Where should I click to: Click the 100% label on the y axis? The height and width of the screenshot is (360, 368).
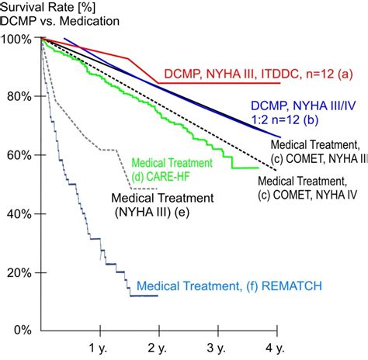point(16,40)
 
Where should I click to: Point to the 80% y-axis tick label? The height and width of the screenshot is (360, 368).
point(19,97)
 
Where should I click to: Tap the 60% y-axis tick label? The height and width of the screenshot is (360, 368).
point(19,155)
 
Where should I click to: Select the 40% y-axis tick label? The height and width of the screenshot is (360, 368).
point(19,214)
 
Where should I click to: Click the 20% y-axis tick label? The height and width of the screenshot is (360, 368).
point(19,273)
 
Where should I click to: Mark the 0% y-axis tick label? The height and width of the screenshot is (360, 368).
point(23,331)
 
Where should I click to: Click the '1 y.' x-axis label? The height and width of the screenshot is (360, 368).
point(98,348)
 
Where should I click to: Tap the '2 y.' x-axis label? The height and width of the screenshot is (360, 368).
point(157,348)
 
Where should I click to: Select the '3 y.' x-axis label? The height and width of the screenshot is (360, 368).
point(216,348)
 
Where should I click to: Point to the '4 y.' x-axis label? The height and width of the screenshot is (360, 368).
point(275,348)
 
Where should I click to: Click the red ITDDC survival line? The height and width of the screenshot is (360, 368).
point(158,83)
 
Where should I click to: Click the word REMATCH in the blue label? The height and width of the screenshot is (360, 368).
point(292,286)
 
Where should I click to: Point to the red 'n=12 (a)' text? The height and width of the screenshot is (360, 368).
point(329,74)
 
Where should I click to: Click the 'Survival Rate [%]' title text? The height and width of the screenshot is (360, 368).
point(48,7)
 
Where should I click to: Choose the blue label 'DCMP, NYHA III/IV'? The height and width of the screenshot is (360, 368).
point(304,106)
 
